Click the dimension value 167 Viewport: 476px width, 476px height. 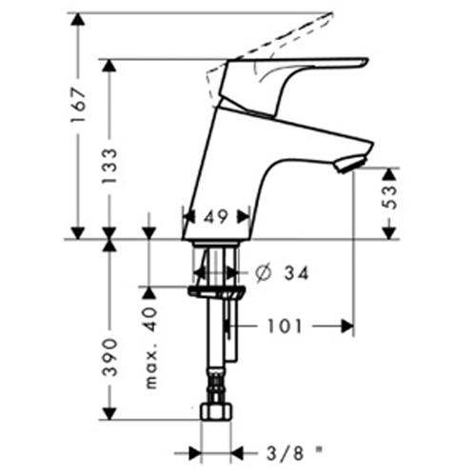pyautogui.click(x=78, y=106)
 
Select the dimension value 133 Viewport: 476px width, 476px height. pyautogui.click(x=109, y=166)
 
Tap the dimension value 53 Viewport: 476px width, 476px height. pyautogui.click(x=390, y=197)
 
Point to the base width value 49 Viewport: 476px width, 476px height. pyautogui.click(x=216, y=217)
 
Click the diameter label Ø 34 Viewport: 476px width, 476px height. pyautogui.click(x=282, y=273)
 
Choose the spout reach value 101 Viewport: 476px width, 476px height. pyautogui.click(x=285, y=327)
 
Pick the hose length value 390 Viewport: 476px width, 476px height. pyautogui.click(x=110, y=358)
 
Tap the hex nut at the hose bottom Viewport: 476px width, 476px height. pyautogui.click(x=216, y=412)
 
